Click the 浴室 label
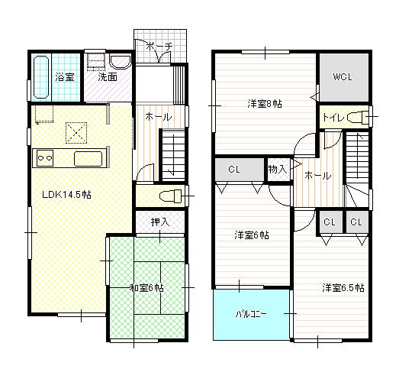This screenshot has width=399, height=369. (64, 77)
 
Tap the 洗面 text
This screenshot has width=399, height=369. (107, 77)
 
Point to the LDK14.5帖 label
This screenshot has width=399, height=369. (66, 195)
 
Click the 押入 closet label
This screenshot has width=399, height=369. (159, 222)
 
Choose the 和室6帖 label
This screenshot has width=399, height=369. (146, 287)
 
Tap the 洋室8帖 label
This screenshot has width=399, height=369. (264, 103)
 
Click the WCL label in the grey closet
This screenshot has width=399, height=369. (342, 78)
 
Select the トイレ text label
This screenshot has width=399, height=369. (333, 118)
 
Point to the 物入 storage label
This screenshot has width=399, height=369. (278, 169)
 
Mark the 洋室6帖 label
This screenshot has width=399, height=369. (251, 235)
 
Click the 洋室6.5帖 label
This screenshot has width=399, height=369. (343, 288)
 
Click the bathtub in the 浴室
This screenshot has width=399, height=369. (42, 77)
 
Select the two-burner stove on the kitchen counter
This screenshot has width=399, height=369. (44, 159)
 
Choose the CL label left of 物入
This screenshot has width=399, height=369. (235, 169)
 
